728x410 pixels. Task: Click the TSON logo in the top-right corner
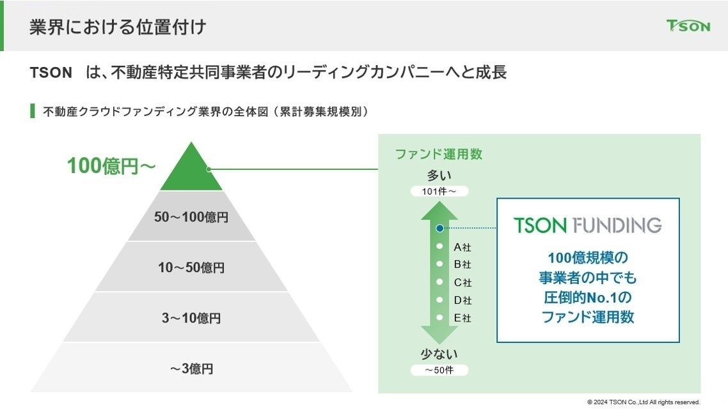pos(688,26)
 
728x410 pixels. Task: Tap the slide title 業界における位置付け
pos(118,27)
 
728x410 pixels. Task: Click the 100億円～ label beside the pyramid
pos(111,166)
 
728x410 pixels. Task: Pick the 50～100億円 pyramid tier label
pos(191,217)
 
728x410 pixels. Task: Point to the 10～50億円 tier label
pos(191,268)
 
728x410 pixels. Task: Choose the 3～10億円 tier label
pos(191,318)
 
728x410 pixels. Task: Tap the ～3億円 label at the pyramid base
pos(191,368)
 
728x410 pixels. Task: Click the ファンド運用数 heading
pos(438,154)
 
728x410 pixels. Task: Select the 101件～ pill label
pos(439,191)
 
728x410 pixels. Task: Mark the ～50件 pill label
pos(439,370)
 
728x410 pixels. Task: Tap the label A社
pos(463,247)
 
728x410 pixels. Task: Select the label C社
pos(463,282)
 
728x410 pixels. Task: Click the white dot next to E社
pos(439,317)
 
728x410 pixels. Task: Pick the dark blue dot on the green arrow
pos(439,228)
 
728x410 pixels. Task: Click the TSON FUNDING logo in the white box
pos(588,225)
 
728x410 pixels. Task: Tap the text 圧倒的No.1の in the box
pos(588,297)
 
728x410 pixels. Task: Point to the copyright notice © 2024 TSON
pos(644,402)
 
